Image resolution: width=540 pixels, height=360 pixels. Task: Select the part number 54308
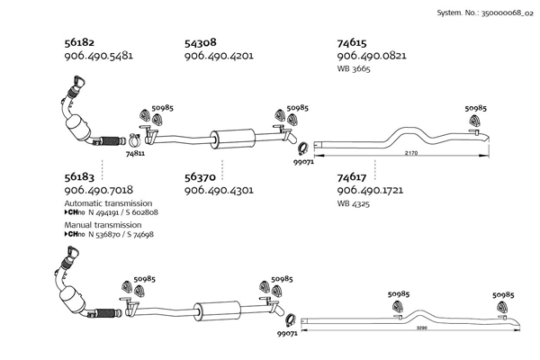[x=201, y=41]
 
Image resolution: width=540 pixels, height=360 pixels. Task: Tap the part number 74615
[x=352, y=41]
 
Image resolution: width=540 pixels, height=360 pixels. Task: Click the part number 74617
[x=352, y=178]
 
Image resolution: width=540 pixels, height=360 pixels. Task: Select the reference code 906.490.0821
[x=371, y=55]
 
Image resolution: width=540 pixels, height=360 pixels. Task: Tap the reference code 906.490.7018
[x=99, y=191]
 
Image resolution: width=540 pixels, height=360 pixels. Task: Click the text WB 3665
[x=355, y=67]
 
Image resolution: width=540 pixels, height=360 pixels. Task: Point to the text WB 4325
[x=355, y=203]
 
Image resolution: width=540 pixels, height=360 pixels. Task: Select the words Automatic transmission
[x=108, y=203]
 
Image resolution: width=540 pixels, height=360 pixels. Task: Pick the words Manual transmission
[x=103, y=223]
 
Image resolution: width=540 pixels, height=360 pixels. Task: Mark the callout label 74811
[x=136, y=154]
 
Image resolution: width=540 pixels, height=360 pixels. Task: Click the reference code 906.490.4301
[x=219, y=191]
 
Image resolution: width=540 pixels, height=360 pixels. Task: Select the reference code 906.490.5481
[x=99, y=55]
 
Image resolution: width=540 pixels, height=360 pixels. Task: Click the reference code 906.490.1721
[x=371, y=191]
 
